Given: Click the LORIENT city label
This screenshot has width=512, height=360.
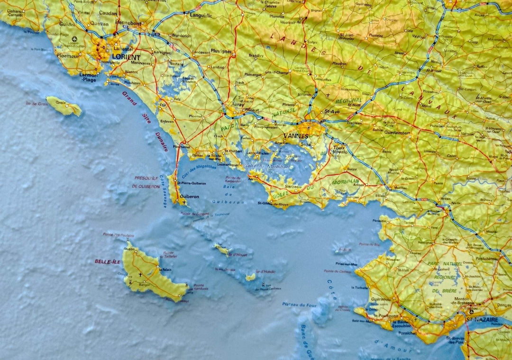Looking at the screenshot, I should coord(127,57).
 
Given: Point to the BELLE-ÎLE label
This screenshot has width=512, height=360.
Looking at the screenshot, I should coord(108,261).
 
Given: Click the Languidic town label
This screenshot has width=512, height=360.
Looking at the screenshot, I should coord(201,15).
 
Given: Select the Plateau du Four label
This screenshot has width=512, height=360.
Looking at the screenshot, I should coord(299,305).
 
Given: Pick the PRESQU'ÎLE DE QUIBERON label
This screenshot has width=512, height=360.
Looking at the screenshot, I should coord(146,182).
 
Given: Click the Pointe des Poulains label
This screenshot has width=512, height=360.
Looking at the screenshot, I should coord(119,235).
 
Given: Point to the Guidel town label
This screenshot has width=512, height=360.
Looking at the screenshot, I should coord(67,23).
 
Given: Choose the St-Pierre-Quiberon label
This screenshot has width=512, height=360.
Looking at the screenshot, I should coord(192,183).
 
